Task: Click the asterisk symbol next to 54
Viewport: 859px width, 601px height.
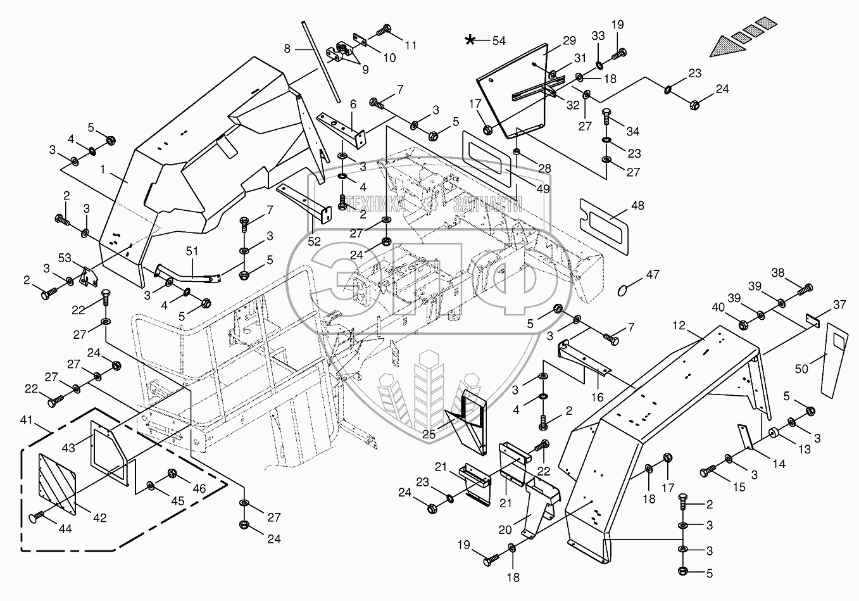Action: point(470,41)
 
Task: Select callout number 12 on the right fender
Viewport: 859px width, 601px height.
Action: point(679,325)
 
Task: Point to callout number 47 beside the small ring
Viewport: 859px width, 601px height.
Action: point(653,275)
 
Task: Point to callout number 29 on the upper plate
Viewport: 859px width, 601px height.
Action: point(568,41)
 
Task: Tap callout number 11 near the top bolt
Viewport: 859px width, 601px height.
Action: point(411,45)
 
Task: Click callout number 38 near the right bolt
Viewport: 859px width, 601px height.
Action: point(777,272)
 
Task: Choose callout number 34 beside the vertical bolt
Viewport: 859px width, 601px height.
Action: point(632,132)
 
